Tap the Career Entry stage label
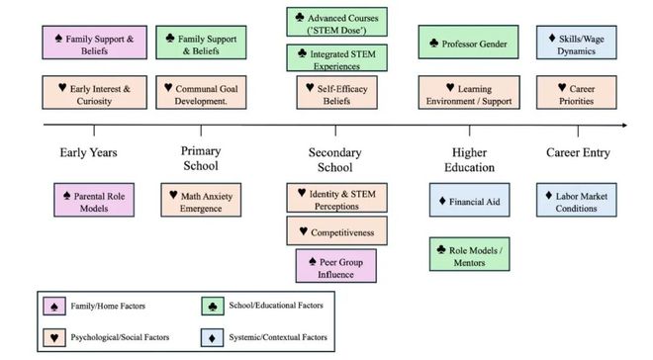click(x=578, y=152)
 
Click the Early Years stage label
click(x=89, y=152)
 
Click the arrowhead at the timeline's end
click(x=622, y=125)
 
